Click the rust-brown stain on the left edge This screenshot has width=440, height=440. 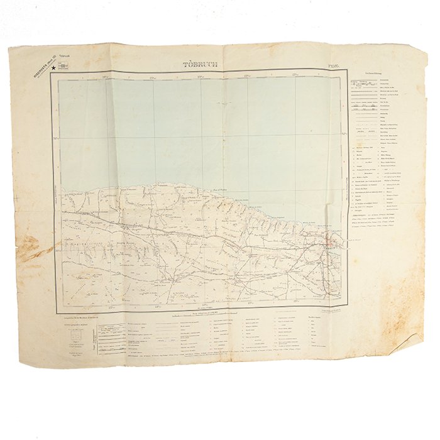tap(25, 248)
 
